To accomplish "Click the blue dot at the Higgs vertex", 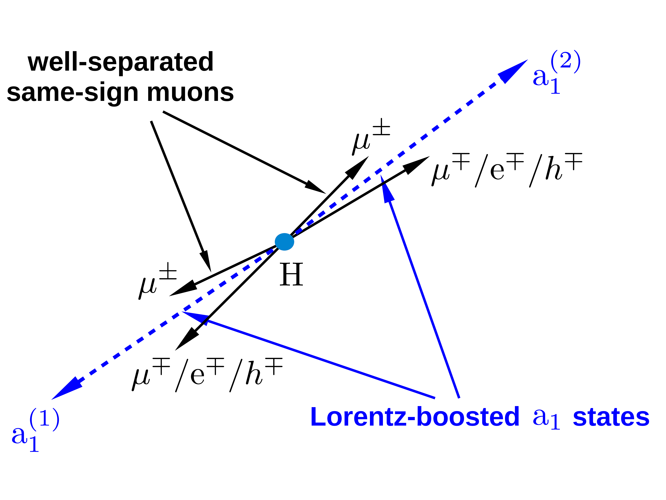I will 284,242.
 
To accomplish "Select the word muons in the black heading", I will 190,92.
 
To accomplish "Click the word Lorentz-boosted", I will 415,417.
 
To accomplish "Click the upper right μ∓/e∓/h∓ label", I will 507,170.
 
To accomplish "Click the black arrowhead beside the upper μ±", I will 358,167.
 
